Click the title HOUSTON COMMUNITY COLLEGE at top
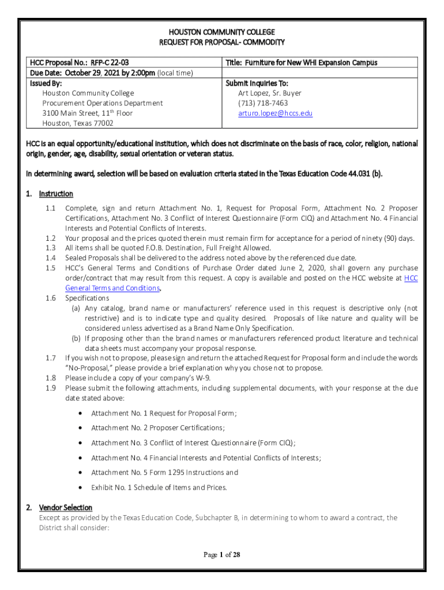[221, 32]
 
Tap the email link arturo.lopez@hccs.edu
[275, 114]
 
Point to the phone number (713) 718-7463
[263, 103]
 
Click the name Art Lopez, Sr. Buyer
[270, 93]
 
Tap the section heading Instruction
[56, 194]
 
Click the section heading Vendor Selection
[65, 508]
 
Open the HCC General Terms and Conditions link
[112, 288]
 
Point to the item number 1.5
[50, 268]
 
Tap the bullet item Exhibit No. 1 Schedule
[159, 487]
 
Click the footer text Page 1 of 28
[221, 555]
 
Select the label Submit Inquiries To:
[257, 84]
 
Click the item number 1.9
[50, 388]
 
